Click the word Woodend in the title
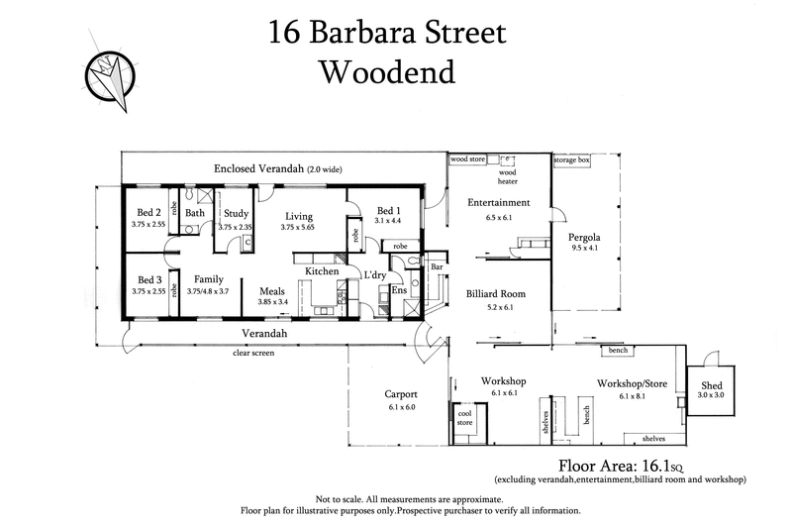point(387,72)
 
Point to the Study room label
point(236,213)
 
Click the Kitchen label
point(322,270)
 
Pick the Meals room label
point(272,290)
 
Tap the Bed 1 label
point(389,210)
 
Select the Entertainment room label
point(499,203)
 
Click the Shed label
point(712,384)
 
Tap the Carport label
point(401,393)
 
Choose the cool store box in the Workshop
point(464,418)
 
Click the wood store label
point(466,158)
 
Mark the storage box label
point(571,158)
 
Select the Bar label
point(436,267)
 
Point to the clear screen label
point(252,352)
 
